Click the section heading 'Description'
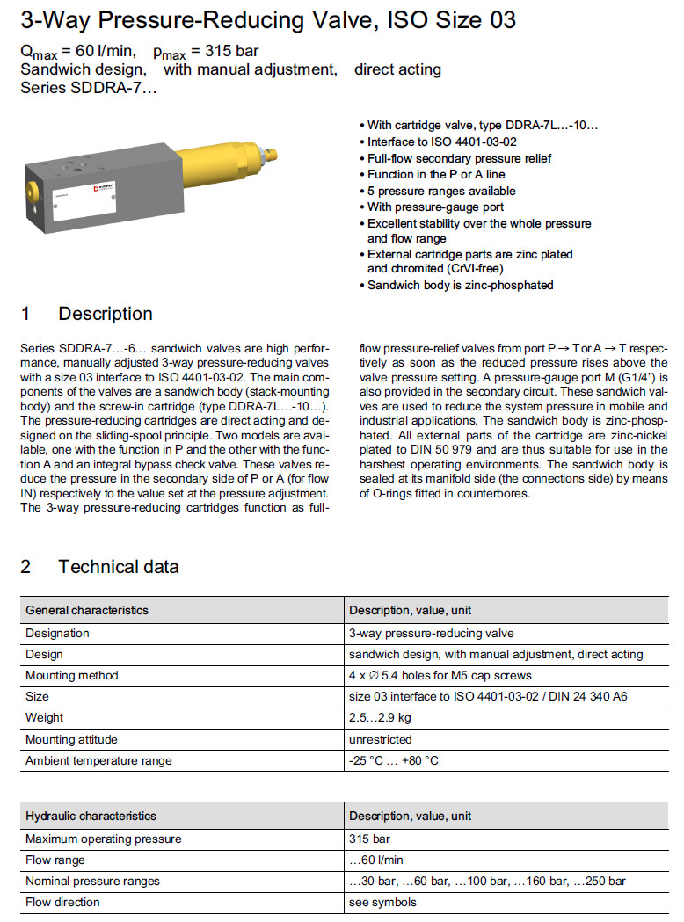[x=105, y=314]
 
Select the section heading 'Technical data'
[x=118, y=567]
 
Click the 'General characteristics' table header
[x=87, y=610]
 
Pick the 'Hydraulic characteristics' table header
[x=91, y=817]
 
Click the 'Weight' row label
[x=45, y=718]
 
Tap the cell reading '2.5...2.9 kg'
[x=381, y=718]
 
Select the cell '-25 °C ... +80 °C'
[x=393, y=760]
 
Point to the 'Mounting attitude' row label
[x=71, y=739]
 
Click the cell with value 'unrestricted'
[x=380, y=739]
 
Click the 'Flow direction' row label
[x=62, y=902]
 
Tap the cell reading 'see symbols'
[x=382, y=902]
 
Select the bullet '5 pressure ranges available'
[x=441, y=191]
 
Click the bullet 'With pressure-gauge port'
[x=435, y=207]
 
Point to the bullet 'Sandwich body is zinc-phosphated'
[x=460, y=286]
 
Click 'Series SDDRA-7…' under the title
[x=89, y=87]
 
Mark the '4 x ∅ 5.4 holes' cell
[x=440, y=676]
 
